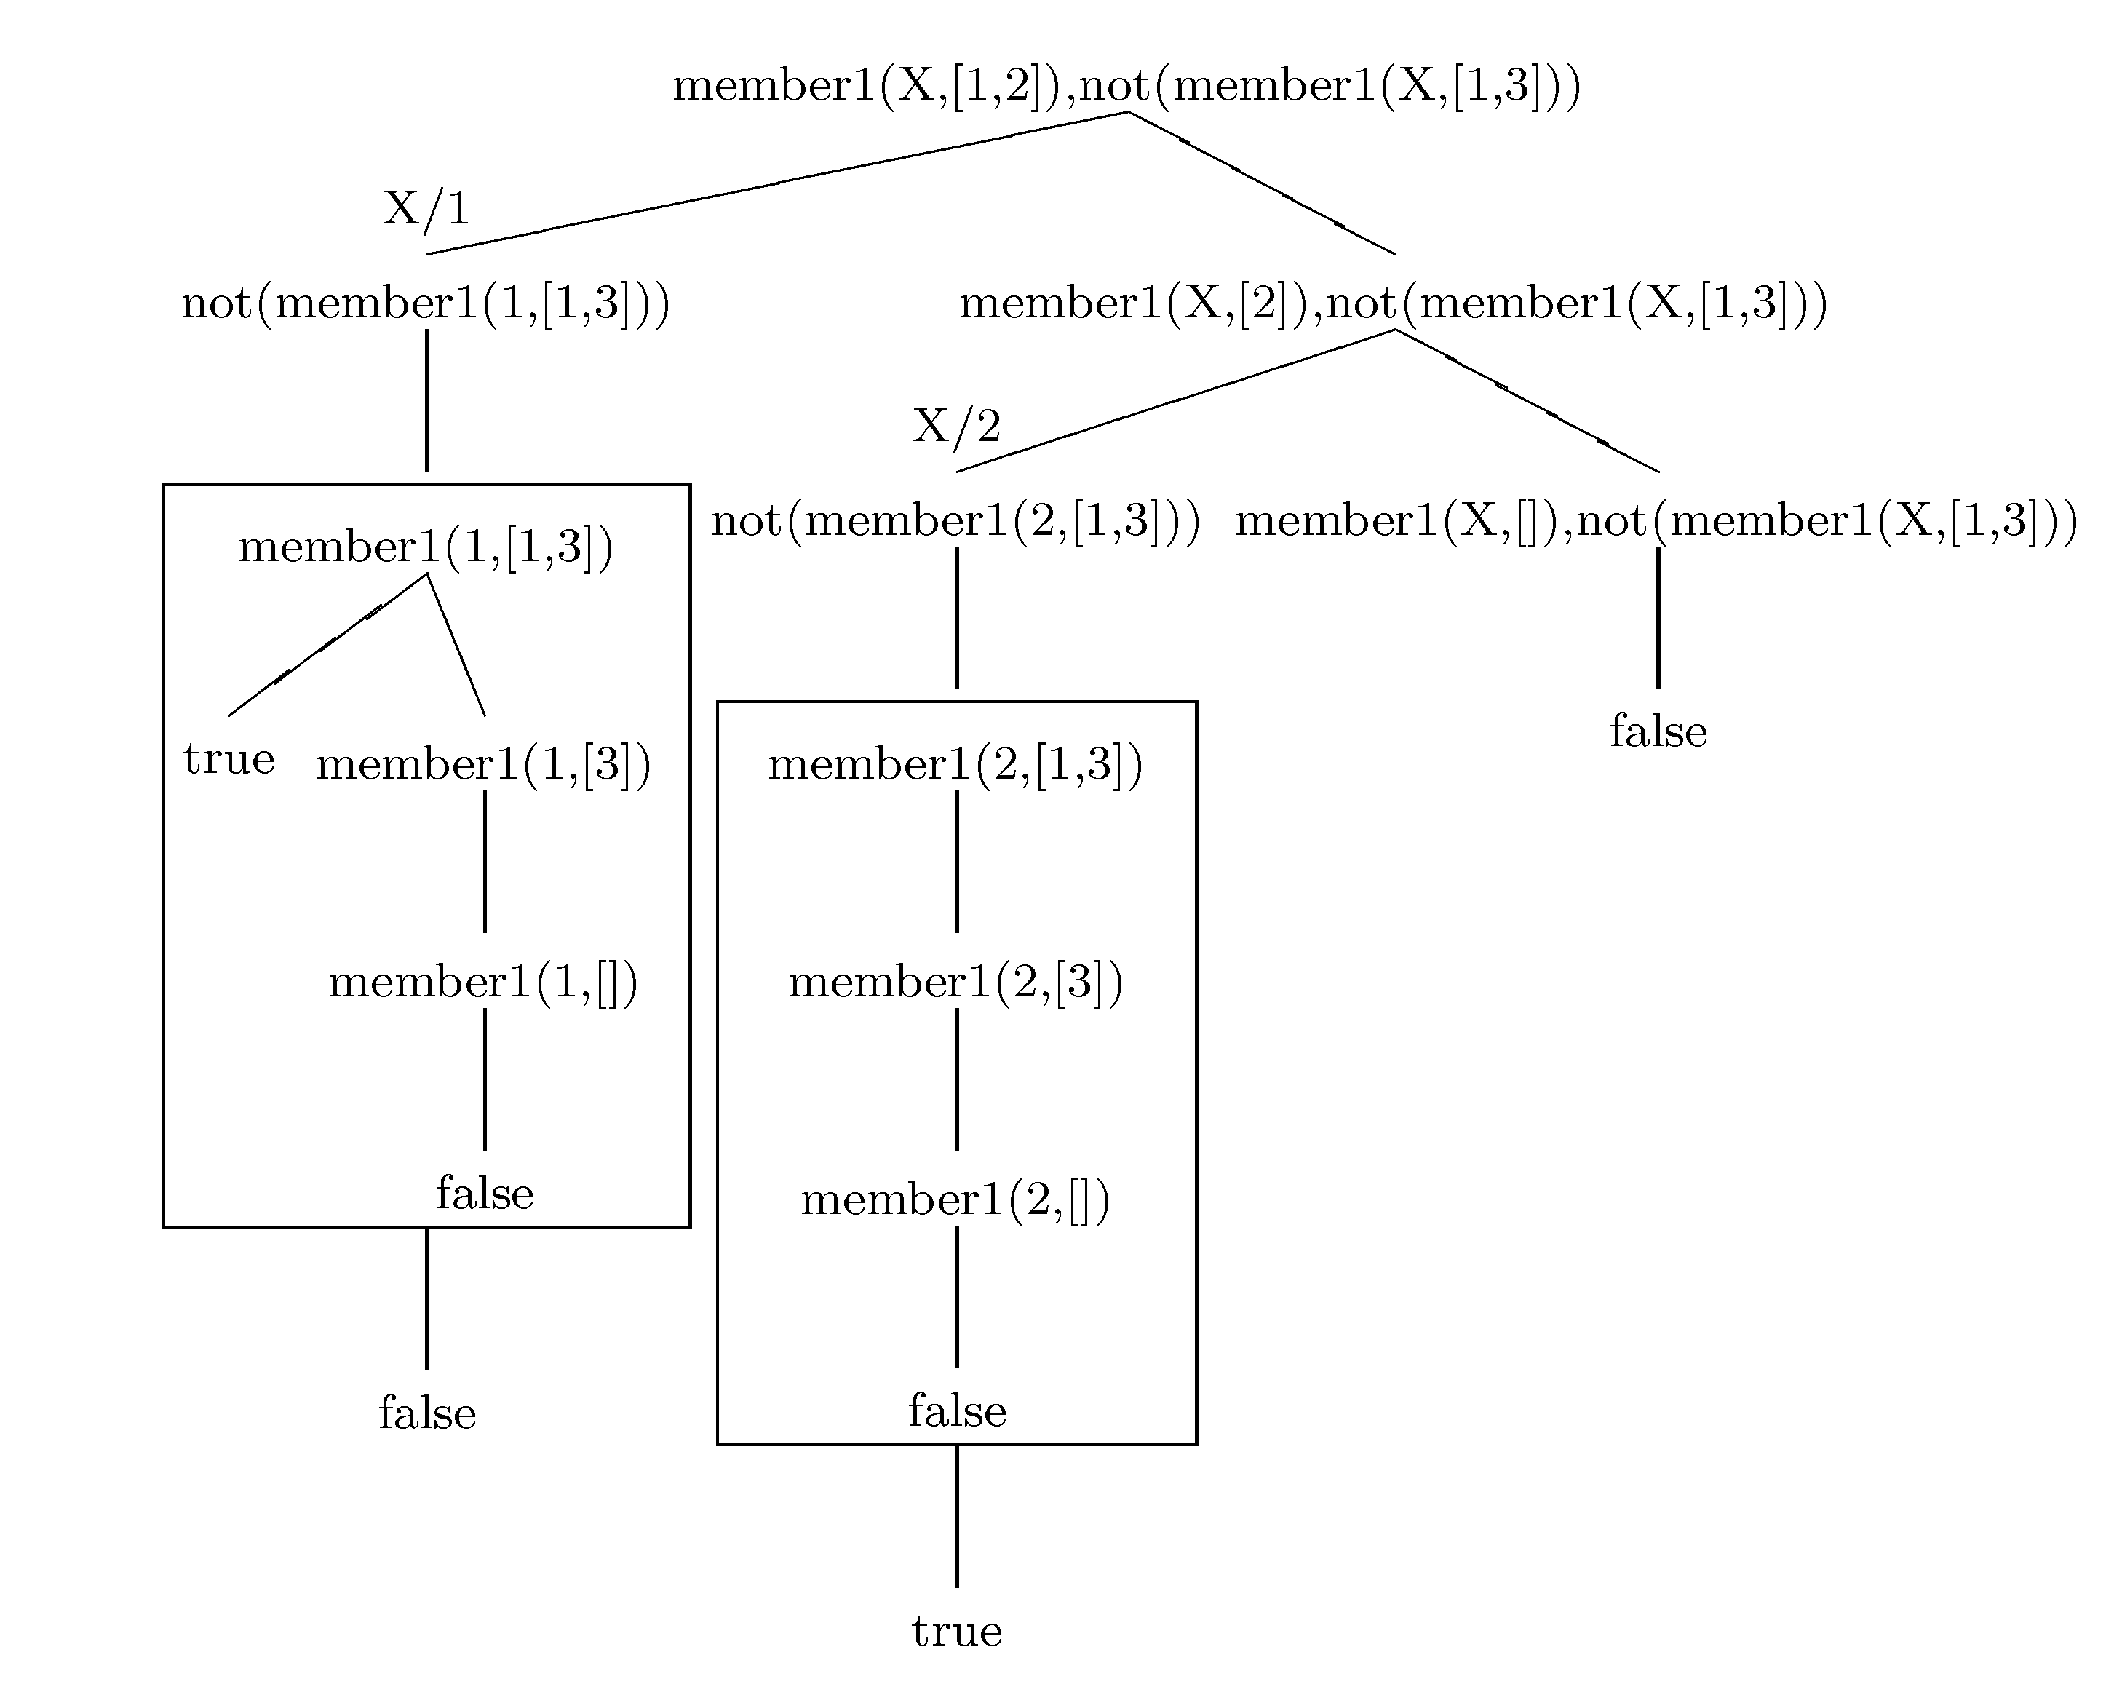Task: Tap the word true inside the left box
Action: (x=229, y=759)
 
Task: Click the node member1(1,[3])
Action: (x=483, y=765)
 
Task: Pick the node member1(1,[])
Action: (x=483, y=983)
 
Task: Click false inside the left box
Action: (x=484, y=1193)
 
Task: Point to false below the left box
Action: (x=427, y=1413)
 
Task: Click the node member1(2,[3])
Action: (x=955, y=983)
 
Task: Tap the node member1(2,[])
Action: (x=955, y=1200)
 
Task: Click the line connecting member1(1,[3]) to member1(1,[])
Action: (x=484, y=861)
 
